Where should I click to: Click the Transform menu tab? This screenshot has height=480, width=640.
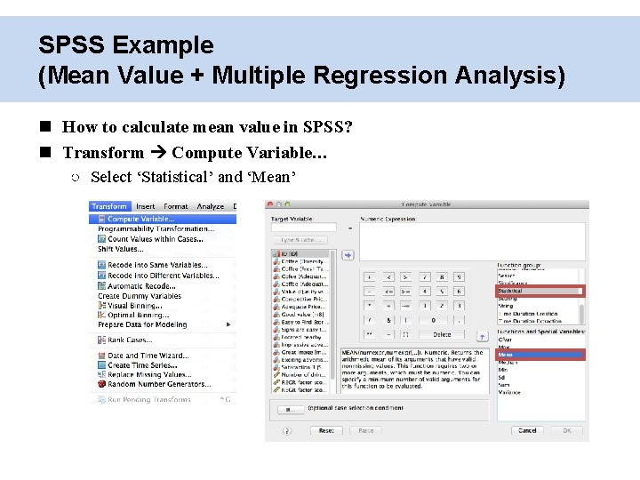click(x=109, y=206)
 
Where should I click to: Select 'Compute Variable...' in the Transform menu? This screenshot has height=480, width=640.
click(x=140, y=219)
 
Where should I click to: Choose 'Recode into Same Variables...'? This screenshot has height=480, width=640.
click(x=157, y=265)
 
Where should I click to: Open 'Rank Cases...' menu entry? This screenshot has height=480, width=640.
click(x=130, y=340)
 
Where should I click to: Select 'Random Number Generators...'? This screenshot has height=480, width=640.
click(x=159, y=384)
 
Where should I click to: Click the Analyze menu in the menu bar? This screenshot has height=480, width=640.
click(x=211, y=206)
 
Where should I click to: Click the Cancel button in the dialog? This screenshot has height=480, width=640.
click(x=528, y=430)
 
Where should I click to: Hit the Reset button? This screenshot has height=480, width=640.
click(x=326, y=430)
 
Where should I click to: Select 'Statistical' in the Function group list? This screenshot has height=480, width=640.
click(x=511, y=291)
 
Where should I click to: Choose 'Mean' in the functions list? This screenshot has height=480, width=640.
click(x=506, y=354)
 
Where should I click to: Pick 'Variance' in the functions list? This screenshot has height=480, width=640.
click(x=510, y=392)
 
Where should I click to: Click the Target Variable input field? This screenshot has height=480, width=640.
click(x=303, y=228)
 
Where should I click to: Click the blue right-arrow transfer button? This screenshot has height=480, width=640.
click(x=348, y=255)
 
